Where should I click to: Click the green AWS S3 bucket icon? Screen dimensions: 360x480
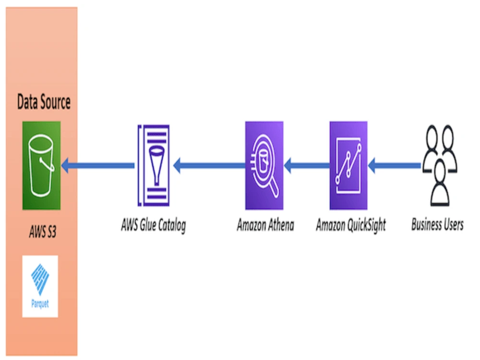[41, 165]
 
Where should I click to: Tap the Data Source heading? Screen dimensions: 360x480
[44, 102]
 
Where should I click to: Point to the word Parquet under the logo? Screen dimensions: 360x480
[40, 304]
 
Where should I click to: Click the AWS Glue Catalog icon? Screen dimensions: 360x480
[154, 165]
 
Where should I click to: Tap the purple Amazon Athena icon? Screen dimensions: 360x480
[264, 165]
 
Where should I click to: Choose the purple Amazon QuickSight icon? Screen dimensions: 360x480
[348, 165]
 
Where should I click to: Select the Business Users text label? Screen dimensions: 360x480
[437, 225]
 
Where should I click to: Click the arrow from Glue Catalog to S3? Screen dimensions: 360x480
[98, 166]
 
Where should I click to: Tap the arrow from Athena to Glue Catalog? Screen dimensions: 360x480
[209, 166]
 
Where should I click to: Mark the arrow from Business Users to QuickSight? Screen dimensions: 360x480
[394, 166]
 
